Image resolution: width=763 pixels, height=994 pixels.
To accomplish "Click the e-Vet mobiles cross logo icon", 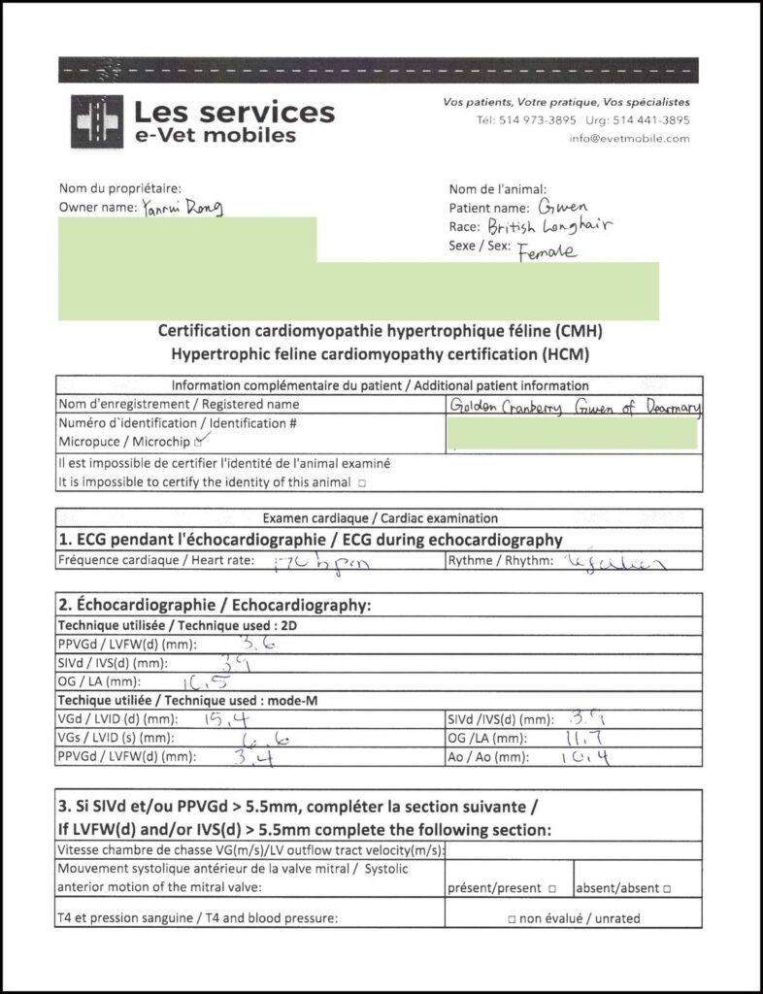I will click(x=96, y=121).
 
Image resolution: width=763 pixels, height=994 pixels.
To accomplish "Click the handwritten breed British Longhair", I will click(x=549, y=227).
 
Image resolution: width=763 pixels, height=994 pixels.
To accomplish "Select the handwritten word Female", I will click(x=547, y=251).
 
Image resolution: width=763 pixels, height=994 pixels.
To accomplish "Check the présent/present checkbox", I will click(x=551, y=889).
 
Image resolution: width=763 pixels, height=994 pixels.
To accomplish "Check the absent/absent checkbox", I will click(x=668, y=889).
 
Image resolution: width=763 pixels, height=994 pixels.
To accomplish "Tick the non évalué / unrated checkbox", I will click(x=511, y=918).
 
